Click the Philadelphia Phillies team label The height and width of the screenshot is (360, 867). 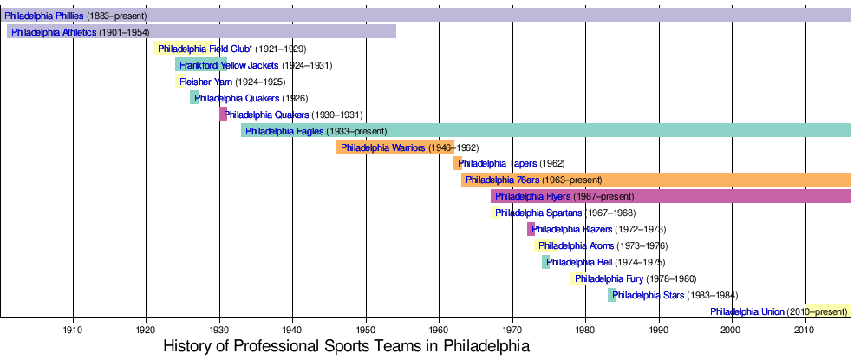point(44,16)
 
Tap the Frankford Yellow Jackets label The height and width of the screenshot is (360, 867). point(229,66)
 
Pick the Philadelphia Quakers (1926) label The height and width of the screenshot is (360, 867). point(237,99)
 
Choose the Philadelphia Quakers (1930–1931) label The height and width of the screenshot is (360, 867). point(266,115)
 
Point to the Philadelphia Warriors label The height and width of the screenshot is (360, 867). point(382,148)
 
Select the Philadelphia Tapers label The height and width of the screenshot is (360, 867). point(498,164)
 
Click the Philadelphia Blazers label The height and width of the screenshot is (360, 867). point(571,230)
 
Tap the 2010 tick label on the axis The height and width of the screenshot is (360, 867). point(805,331)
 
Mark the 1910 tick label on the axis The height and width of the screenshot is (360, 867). point(73,331)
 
